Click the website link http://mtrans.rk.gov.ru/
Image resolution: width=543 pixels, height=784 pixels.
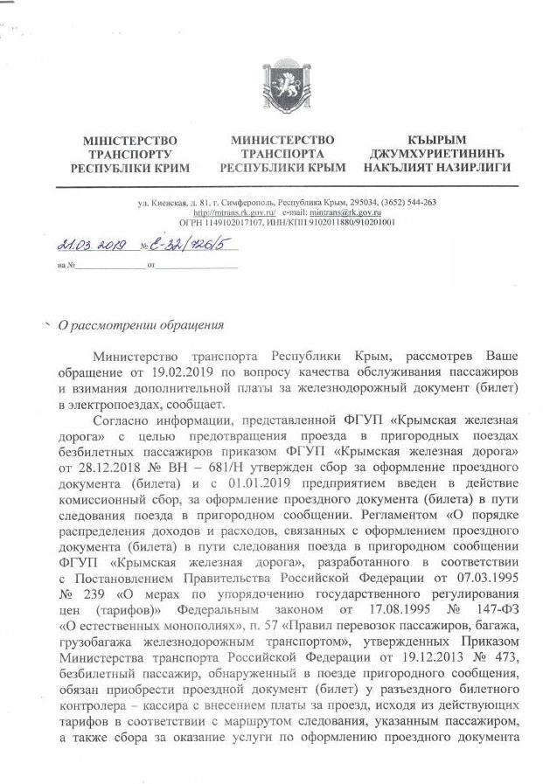[x=234, y=212]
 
